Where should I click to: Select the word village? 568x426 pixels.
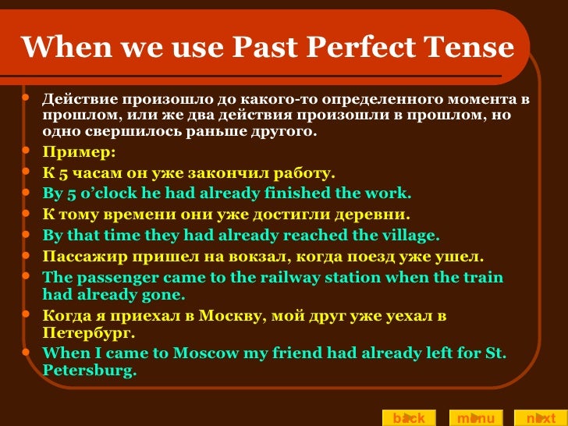(406, 235)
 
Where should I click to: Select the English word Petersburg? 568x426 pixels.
(88, 370)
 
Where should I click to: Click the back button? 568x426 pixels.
(408, 418)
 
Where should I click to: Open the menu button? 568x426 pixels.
(475, 418)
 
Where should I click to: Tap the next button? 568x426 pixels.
(540, 418)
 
